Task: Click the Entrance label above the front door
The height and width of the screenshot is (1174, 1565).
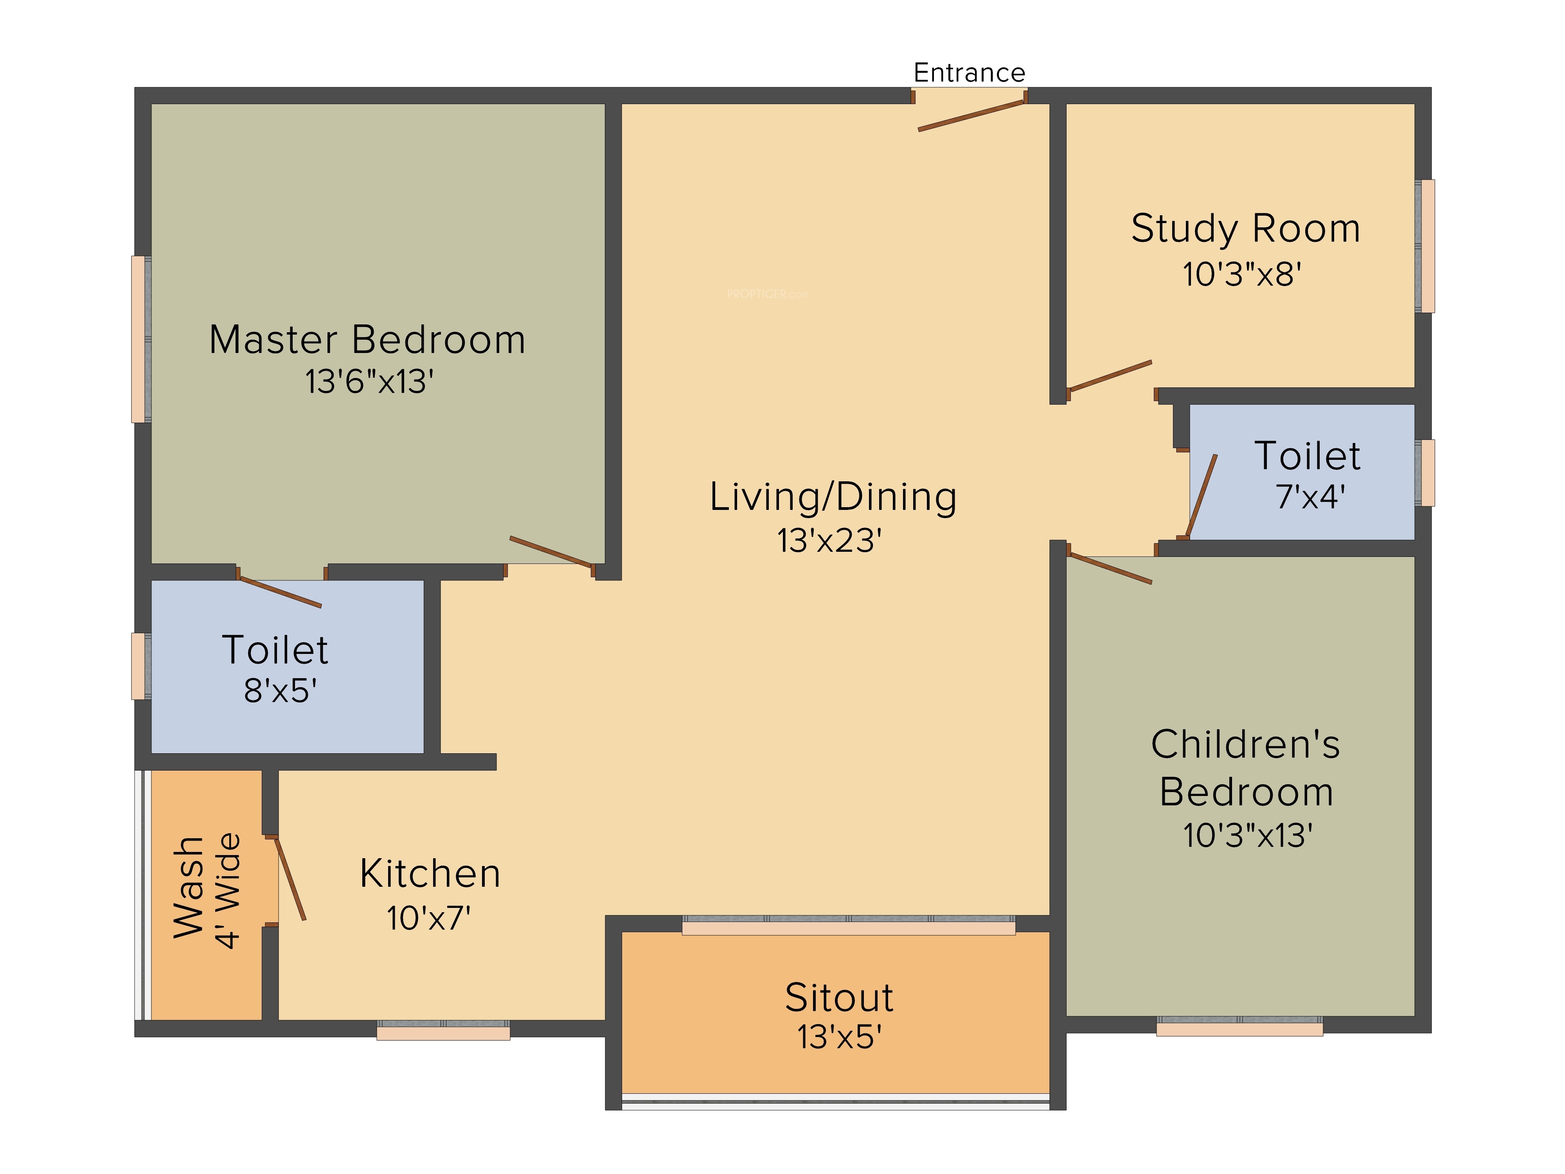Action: pyautogui.click(x=969, y=72)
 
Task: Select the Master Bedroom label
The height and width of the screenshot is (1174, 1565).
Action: pyautogui.click(x=367, y=340)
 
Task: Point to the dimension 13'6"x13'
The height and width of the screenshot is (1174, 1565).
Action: pyautogui.click(x=369, y=382)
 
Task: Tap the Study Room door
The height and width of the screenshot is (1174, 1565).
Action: pyautogui.click(x=1109, y=376)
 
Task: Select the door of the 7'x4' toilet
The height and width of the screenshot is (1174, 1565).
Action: pyautogui.click(x=1202, y=496)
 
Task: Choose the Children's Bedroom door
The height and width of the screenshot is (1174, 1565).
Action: pyautogui.click(x=1109, y=568)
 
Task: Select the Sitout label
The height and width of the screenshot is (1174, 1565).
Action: pyautogui.click(x=839, y=998)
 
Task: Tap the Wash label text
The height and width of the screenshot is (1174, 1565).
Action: pyautogui.click(x=189, y=888)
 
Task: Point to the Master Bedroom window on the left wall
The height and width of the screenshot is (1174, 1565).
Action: pyautogui.click(x=141, y=339)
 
